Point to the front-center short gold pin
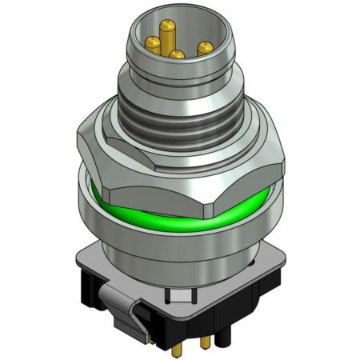177,56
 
